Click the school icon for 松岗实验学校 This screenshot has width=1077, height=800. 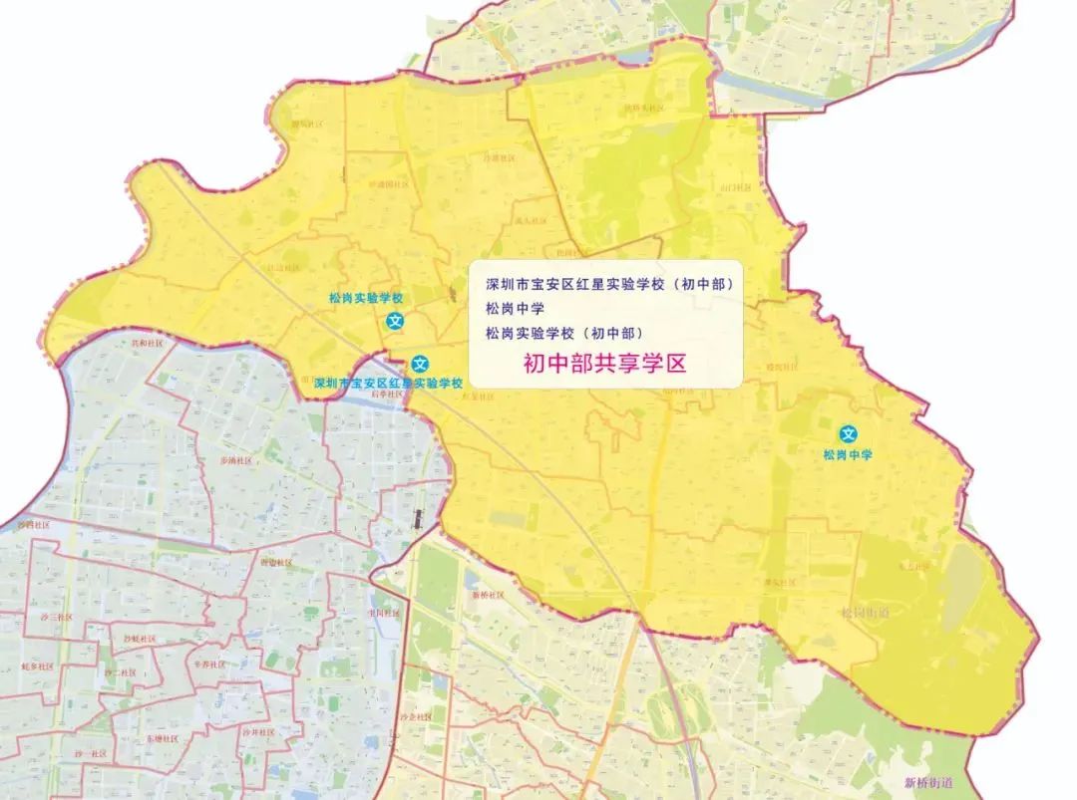pyautogui.click(x=396, y=321)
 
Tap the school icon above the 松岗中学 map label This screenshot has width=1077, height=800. pyautogui.click(x=849, y=433)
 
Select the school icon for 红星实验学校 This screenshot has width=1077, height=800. pyautogui.click(x=421, y=364)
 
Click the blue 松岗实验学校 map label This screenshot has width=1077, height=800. pyautogui.click(x=366, y=298)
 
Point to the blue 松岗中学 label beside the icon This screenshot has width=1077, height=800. pyautogui.click(x=848, y=454)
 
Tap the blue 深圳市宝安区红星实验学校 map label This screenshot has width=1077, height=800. pyautogui.click(x=388, y=383)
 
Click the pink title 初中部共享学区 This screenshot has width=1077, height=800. pyautogui.click(x=605, y=364)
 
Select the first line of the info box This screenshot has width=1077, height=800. pyautogui.click(x=608, y=284)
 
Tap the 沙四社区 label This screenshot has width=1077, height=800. pyautogui.click(x=33, y=524)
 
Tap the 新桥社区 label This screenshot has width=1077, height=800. pyautogui.click(x=489, y=595)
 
